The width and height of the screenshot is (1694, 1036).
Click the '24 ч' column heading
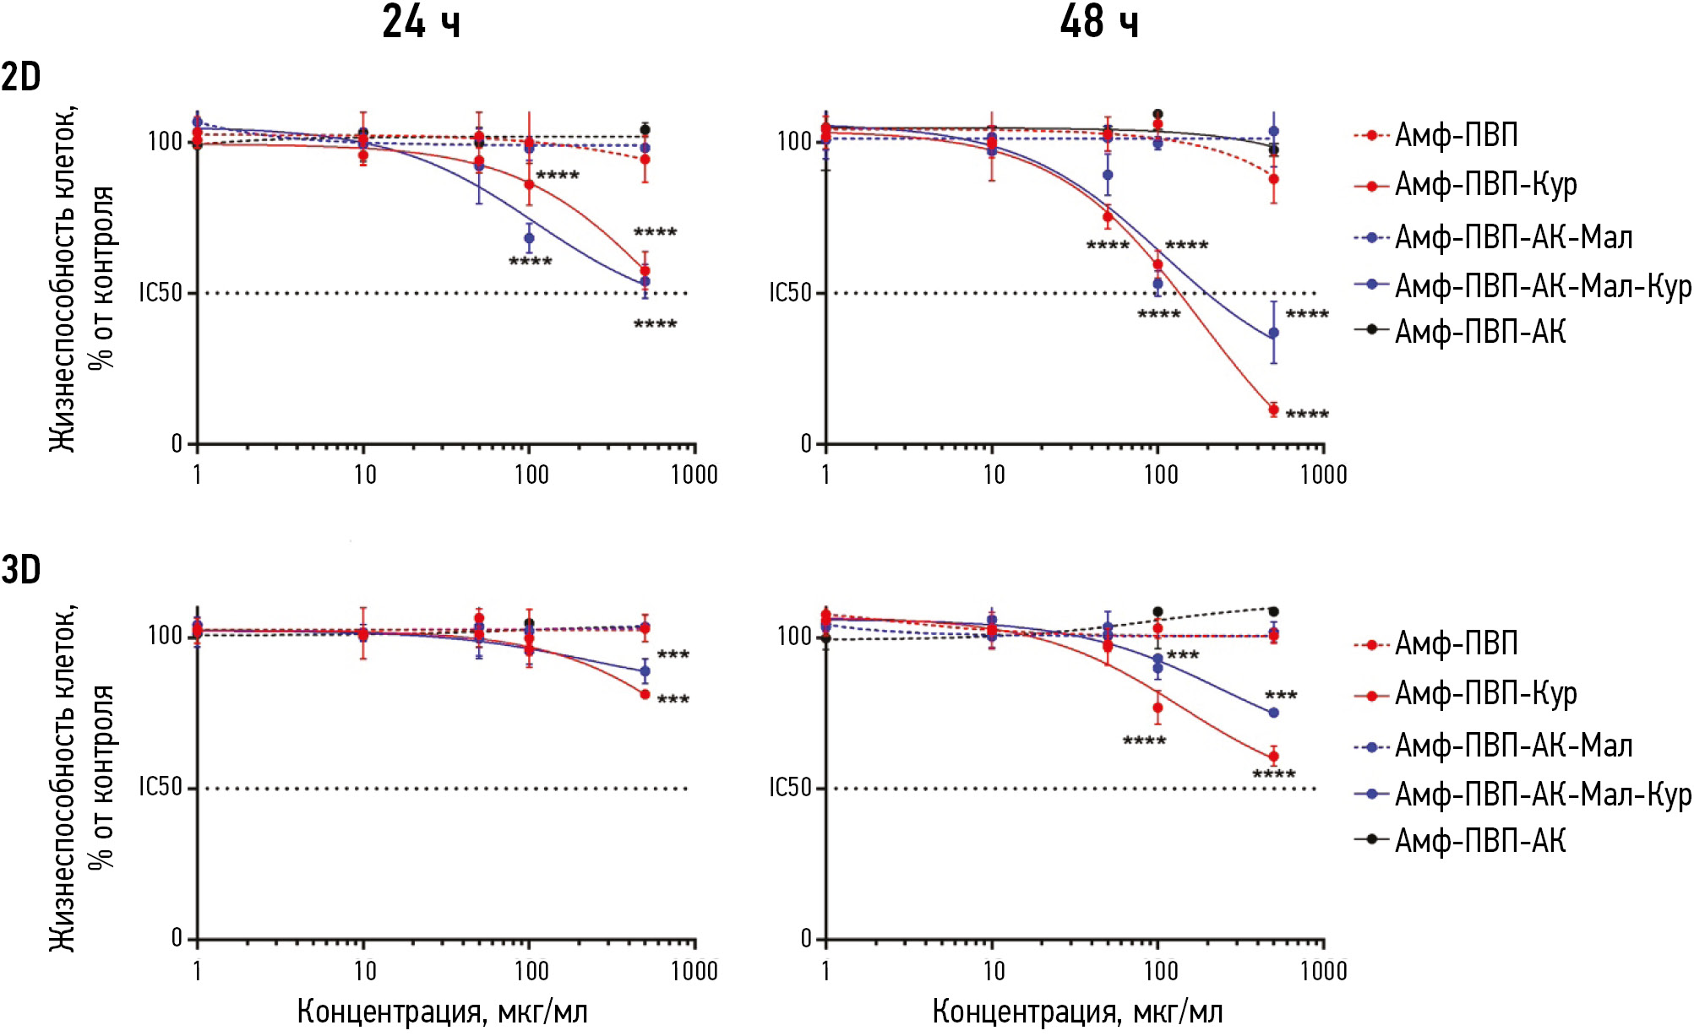[421, 22]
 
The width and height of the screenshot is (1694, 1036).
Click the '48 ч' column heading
[1098, 22]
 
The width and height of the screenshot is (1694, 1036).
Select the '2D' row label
[21, 78]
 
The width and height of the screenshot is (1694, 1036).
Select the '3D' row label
[21, 570]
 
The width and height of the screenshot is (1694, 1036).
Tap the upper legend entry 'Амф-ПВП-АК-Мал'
[1512, 237]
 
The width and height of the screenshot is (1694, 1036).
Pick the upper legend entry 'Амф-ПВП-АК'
[1479, 331]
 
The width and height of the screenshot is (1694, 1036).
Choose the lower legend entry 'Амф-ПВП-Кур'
[1485, 694]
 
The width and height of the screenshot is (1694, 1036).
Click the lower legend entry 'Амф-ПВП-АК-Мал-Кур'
[1542, 795]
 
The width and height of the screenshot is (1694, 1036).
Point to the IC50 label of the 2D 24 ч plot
[161, 293]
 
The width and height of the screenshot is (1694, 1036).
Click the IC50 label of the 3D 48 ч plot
[790, 788]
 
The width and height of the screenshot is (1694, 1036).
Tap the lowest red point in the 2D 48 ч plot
[1273, 410]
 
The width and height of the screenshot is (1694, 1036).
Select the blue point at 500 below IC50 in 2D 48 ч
[1273, 334]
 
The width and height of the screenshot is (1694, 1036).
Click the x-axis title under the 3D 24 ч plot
[442, 1012]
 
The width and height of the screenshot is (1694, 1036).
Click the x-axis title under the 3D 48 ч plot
[1077, 1012]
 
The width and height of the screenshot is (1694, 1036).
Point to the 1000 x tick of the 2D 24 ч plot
[694, 475]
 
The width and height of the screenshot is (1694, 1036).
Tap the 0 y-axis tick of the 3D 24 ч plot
[177, 937]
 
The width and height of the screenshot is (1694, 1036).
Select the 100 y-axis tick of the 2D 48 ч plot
[794, 141]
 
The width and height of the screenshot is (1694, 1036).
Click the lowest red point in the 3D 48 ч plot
[1273, 757]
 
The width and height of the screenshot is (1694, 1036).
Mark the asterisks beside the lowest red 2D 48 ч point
[1307, 415]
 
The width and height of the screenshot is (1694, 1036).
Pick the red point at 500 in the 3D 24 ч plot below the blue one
[645, 694]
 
